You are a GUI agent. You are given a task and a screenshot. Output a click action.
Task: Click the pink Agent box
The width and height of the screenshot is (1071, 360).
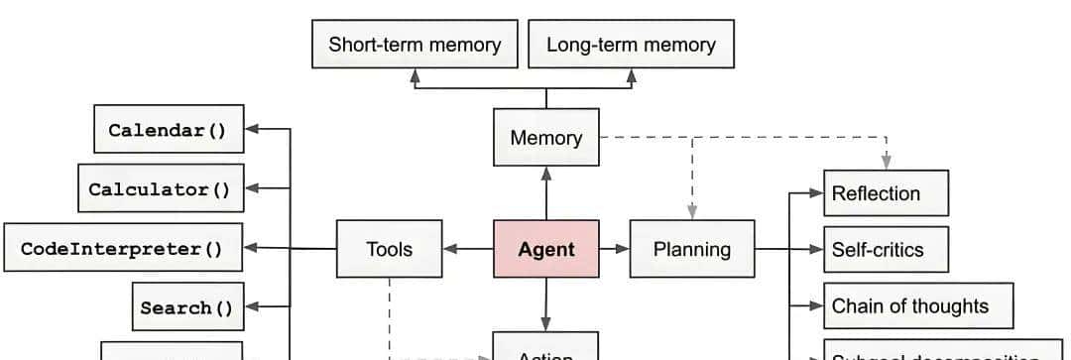(545, 249)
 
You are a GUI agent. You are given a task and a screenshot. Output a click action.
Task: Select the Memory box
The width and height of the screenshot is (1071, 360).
(545, 138)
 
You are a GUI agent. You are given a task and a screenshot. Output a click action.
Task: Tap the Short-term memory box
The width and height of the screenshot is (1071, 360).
(415, 45)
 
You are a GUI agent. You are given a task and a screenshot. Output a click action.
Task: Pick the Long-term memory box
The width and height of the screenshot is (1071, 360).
(631, 45)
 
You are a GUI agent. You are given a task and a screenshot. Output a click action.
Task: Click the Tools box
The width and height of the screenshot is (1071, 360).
(389, 249)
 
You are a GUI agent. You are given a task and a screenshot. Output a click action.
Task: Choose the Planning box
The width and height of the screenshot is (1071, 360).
(691, 249)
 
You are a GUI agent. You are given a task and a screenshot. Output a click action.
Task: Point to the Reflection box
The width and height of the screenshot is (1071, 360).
(886, 193)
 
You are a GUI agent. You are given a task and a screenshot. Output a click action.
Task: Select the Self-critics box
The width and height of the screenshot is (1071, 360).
(886, 250)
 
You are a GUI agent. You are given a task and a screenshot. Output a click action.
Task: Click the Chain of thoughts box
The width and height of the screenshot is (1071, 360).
(918, 306)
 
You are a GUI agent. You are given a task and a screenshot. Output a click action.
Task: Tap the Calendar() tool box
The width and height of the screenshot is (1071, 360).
(168, 130)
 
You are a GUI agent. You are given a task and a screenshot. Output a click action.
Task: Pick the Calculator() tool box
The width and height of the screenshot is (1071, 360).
(160, 188)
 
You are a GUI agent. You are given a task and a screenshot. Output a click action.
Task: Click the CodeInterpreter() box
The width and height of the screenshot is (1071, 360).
(123, 248)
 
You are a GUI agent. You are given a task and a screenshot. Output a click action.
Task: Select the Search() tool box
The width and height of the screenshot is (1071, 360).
(186, 307)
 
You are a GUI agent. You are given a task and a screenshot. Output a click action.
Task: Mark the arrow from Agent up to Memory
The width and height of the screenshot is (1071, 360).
(545, 193)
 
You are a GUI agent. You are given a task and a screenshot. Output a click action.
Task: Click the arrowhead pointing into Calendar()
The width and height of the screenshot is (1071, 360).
(251, 129)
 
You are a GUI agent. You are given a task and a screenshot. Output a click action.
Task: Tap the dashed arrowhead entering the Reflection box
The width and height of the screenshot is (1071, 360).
(888, 163)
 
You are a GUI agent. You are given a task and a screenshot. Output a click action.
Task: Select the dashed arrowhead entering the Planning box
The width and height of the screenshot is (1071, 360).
(692, 211)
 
